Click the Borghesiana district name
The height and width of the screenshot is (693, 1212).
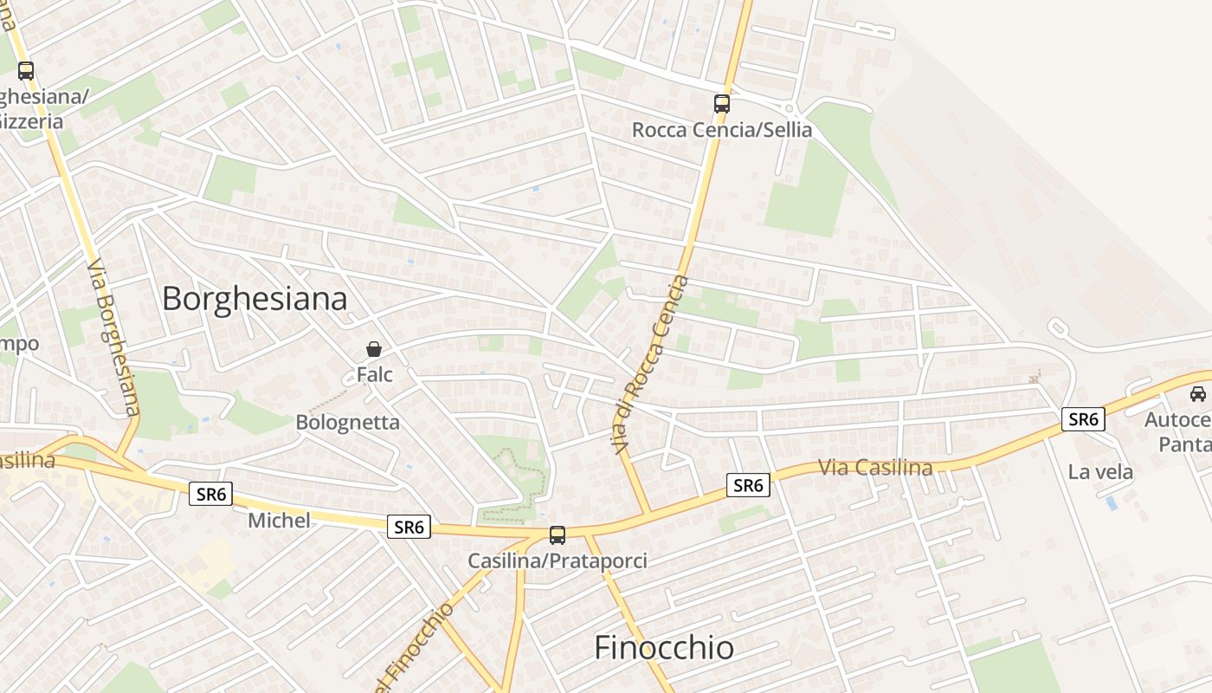tap(255, 299)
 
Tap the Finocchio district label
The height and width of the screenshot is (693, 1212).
tap(664, 648)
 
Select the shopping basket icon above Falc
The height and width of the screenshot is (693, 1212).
tap(374, 349)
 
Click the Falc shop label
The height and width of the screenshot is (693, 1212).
tap(374, 375)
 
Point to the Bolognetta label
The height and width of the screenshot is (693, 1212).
tap(348, 423)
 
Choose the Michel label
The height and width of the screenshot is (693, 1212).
tap(279, 521)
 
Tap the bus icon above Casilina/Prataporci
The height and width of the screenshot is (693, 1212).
tap(558, 534)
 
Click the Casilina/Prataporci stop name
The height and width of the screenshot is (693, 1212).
tap(558, 560)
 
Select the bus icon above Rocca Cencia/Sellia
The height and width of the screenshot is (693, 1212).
tap(722, 104)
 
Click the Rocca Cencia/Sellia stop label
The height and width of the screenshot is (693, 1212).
tap(722, 130)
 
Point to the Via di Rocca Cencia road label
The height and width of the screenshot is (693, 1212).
tap(649, 364)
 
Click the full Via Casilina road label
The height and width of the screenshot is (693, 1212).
tap(875, 468)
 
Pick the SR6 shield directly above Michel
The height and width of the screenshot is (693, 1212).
tap(212, 495)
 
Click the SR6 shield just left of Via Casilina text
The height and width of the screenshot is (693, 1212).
tap(748, 485)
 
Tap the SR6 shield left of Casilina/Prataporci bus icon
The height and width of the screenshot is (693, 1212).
tap(409, 527)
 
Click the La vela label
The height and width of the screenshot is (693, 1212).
tap(1100, 472)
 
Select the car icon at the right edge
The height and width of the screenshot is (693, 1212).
tap(1198, 394)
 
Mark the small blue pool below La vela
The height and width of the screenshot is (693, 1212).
tap(1111, 503)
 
